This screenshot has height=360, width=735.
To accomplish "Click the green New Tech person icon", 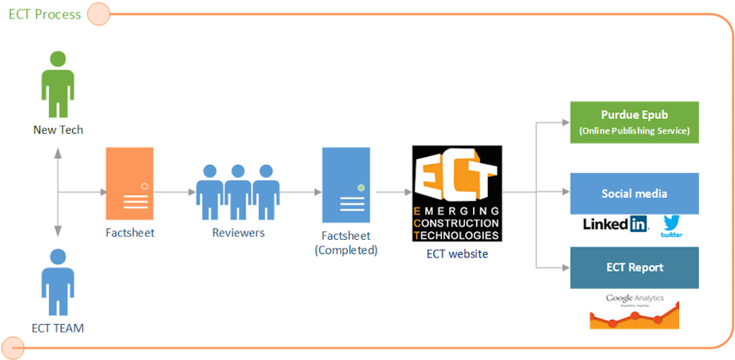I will tap(58, 85).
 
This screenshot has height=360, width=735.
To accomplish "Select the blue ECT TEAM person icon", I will tap(58, 283).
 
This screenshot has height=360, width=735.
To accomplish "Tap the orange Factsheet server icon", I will tap(130, 183).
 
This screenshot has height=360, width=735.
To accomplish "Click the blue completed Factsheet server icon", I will tap(346, 183).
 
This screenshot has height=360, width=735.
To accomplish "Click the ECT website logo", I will tap(456, 193).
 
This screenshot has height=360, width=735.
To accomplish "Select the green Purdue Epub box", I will tap(634, 122).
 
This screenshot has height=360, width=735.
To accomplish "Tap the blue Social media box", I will tap(634, 193).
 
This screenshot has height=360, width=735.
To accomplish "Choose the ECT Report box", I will tap(634, 267).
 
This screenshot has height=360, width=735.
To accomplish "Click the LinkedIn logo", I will tap(615, 224).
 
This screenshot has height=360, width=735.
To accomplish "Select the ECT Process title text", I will tap(45, 14).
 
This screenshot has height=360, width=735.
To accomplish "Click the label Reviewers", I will tap(238, 233).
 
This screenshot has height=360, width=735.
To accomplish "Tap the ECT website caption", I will tap(457, 253).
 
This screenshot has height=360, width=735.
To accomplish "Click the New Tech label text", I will tap(58, 130).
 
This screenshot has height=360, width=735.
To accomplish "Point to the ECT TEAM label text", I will tap(58, 328).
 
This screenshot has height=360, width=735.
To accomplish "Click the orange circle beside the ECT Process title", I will tap(98, 13).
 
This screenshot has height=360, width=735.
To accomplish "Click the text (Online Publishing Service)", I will tap(634, 130).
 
